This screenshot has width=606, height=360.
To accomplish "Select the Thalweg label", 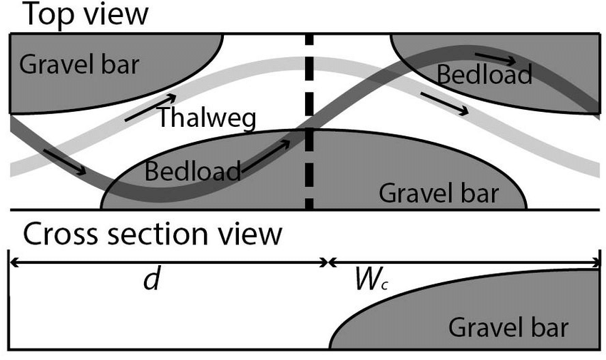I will pos(206,118).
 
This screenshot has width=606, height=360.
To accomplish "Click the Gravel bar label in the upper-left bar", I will pos(79,66).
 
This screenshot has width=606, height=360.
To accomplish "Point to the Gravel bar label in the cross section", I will pos(508,328).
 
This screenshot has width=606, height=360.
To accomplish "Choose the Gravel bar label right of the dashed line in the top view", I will pos(438,192).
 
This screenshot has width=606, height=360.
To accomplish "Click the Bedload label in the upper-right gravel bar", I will pos(485,74).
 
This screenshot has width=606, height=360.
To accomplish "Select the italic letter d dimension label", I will pos(150,280).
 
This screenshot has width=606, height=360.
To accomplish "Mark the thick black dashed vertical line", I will pos(309,121).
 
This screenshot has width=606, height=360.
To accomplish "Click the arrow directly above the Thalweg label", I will pos(150,107).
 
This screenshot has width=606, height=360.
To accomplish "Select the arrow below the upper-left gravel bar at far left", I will pos(65,162).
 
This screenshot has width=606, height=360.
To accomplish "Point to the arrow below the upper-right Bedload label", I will pos(445,103).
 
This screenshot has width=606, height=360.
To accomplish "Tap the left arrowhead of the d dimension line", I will pos(12,262).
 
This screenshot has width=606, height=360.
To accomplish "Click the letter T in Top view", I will pos(32,15).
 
